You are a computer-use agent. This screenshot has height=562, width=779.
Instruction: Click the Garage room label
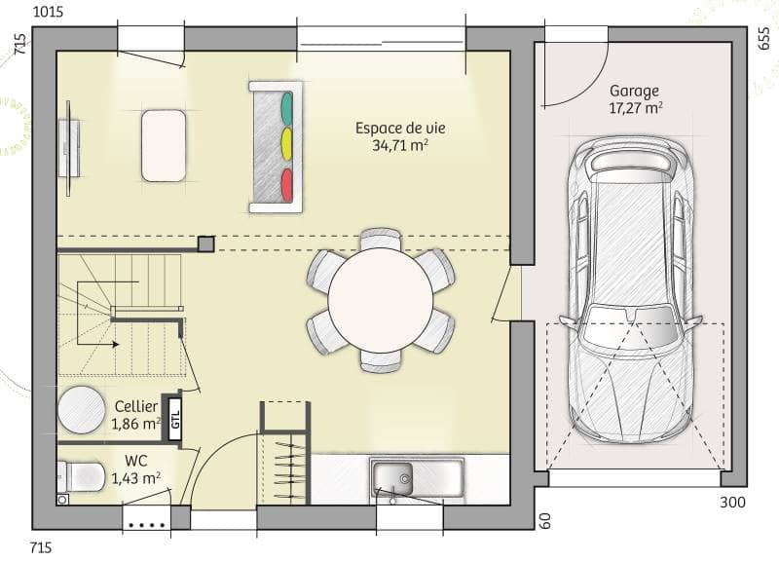coord(635,91)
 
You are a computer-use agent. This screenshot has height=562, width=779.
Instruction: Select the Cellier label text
coord(136,406)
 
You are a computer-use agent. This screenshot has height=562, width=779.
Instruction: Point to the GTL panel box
coord(175,420)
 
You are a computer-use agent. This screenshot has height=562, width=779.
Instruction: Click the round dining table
coord(381,299)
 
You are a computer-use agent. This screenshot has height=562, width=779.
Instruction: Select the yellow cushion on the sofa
coord(286,144)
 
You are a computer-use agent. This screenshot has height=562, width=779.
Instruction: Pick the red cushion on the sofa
coord(286,184)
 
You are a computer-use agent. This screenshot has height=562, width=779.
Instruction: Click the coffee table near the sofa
coord(164,145)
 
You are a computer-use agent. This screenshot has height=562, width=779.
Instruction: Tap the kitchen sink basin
coord(392,478)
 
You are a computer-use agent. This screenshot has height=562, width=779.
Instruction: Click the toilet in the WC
coord(82,476)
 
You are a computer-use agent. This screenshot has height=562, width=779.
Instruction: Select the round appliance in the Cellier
coord(82,410)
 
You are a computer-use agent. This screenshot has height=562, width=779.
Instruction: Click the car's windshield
coord(629,327)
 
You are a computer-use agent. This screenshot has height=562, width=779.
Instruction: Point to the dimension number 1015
coord(48,12)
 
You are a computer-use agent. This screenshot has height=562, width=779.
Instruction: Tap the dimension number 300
coord(732,503)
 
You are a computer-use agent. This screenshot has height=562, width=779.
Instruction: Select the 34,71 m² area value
coord(400,145)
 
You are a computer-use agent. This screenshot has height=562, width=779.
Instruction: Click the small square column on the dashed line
coord(206,244)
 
